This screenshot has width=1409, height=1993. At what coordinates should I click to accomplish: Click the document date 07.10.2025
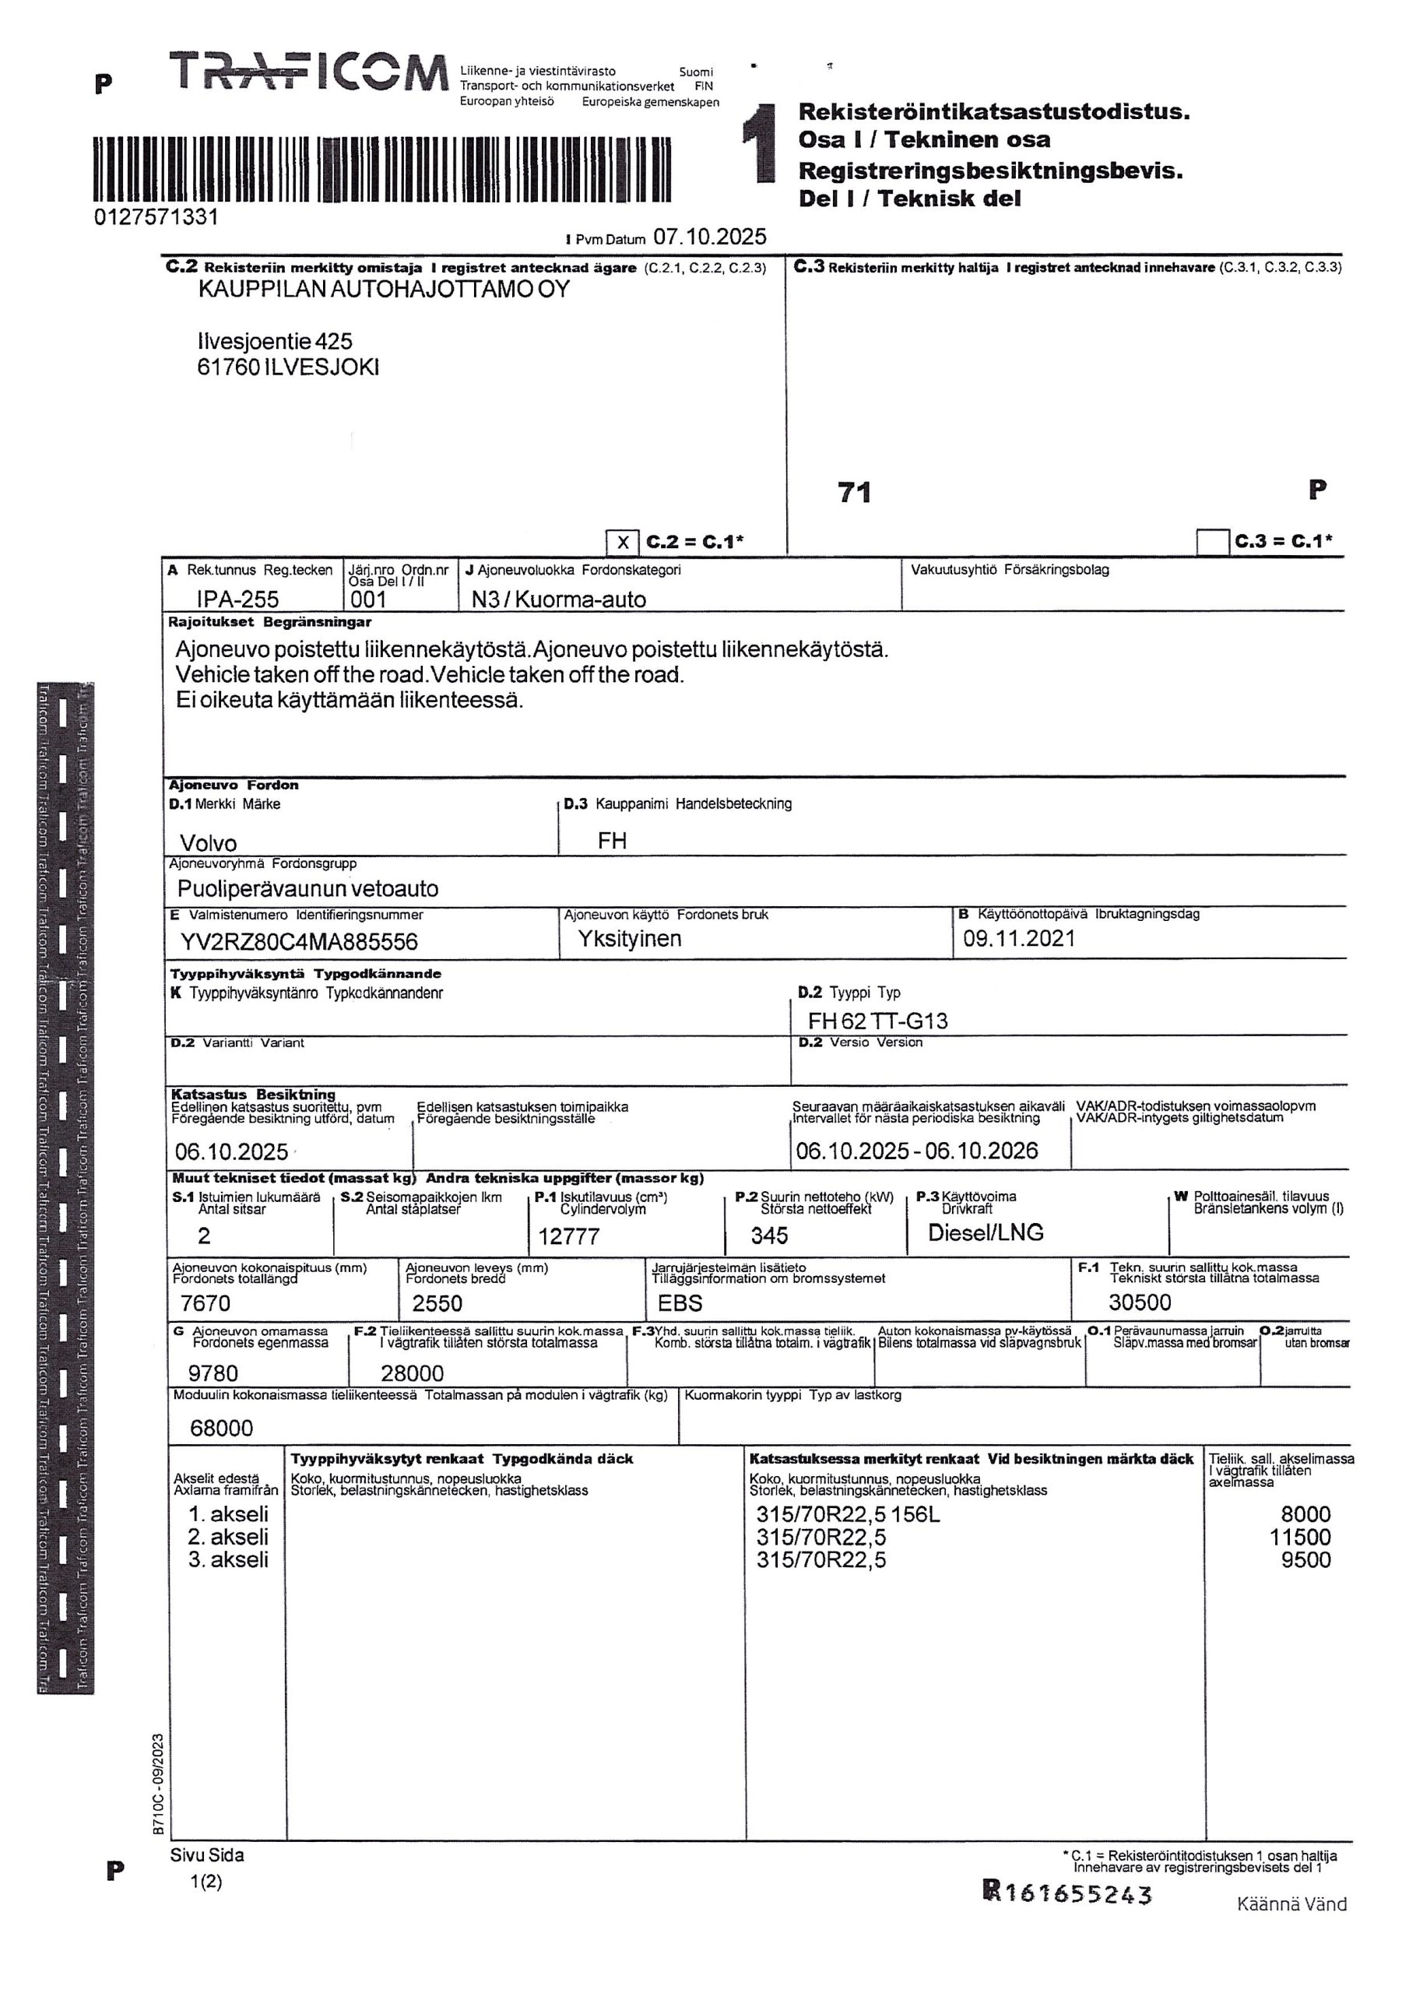(x=709, y=237)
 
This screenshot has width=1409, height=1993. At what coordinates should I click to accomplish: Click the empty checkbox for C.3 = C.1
(x=1212, y=543)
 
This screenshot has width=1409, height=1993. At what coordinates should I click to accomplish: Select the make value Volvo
(x=209, y=843)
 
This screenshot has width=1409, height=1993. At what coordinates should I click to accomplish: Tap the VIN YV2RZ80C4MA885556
(x=299, y=942)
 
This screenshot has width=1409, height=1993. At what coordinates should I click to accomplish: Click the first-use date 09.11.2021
(x=1018, y=938)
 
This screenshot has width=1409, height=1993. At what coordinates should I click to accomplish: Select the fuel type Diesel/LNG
(x=986, y=1232)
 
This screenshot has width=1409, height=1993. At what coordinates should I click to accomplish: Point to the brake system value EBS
(x=680, y=1303)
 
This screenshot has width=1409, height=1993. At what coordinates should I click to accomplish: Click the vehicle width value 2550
(x=437, y=1303)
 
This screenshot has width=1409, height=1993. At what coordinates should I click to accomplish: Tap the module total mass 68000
(x=221, y=1428)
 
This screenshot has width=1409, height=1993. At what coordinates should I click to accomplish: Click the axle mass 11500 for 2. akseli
(x=1299, y=1538)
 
